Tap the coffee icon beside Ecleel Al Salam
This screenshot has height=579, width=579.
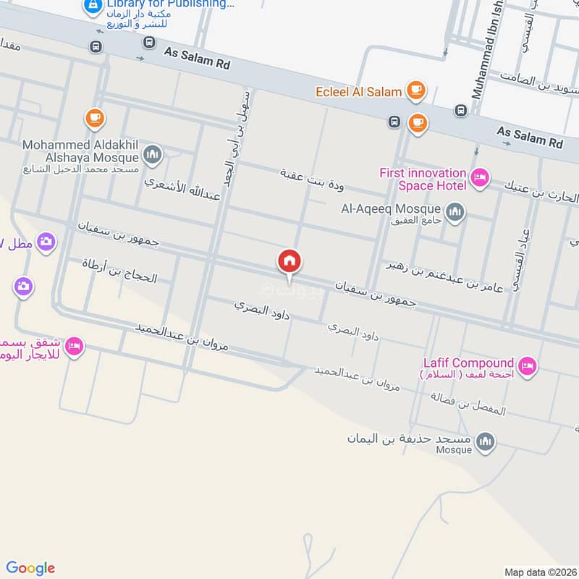click(x=415, y=90)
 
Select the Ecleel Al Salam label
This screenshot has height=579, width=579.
click(x=359, y=92)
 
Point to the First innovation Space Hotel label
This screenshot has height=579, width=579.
click(x=423, y=179)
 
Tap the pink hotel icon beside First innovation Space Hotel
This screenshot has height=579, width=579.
click(x=479, y=177)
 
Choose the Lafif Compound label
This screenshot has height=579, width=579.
click(x=468, y=363)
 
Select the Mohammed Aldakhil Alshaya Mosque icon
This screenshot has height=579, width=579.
click(x=152, y=154)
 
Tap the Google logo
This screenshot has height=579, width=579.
click(x=30, y=568)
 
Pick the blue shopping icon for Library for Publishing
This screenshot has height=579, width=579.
click(x=92, y=7)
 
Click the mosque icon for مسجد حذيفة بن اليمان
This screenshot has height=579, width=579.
click(x=486, y=441)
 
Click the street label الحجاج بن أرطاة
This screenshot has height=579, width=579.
click(x=119, y=272)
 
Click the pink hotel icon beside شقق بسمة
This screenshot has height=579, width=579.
click(x=74, y=347)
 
